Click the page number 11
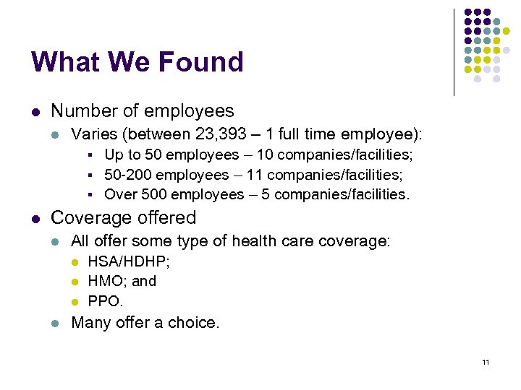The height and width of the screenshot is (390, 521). point(485,362)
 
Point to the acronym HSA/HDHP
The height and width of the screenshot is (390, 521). point(129,261)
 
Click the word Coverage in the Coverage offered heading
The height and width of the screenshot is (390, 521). point(87,217)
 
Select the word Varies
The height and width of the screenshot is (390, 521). point(93,134)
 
